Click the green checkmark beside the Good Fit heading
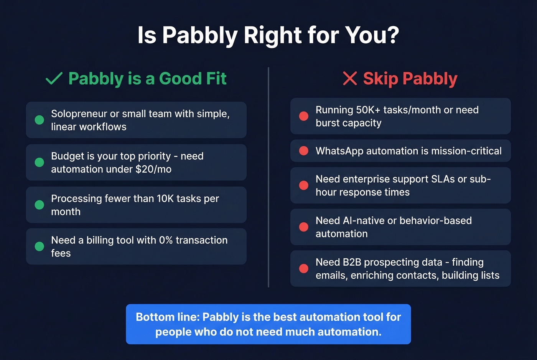54,79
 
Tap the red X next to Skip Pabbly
350,79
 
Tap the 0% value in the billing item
166,240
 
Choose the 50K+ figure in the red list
368,110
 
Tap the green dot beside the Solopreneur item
40,120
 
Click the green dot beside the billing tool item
40,247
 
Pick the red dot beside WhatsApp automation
304,151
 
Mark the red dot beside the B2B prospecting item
304,268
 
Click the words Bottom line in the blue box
167,317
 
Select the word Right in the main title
273,35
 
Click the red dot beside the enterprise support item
304,186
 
